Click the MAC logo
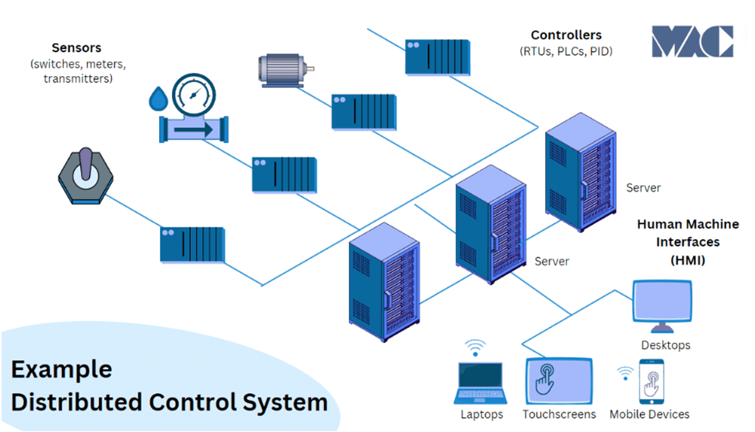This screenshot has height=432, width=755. [x=692, y=41]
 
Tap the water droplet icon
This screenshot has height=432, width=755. [x=158, y=99]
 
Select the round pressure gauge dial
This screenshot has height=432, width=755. [x=193, y=94]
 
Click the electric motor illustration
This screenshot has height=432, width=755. [x=286, y=70]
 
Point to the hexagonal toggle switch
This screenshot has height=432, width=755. [x=86, y=176]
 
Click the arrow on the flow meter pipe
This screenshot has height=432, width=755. [x=193, y=129]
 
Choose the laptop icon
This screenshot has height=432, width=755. [x=480, y=383]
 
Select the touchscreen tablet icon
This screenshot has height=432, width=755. [x=559, y=381]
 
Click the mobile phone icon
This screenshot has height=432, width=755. [x=652, y=382]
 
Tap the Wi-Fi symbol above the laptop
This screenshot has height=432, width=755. [x=475, y=348]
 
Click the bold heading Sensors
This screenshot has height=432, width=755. [x=76, y=47]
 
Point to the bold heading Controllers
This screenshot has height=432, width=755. [x=566, y=35]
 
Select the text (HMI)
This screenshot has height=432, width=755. [x=688, y=260]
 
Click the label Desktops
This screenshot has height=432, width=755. [x=665, y=345]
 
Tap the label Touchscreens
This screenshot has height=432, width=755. [x=559, y=414]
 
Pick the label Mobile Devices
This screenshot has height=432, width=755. [x=649, y=414]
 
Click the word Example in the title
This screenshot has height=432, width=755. [x=62, y=369]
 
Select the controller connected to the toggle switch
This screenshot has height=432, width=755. [x=193, y=245]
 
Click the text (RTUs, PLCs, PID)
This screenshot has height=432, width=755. [x=566, y=51]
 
